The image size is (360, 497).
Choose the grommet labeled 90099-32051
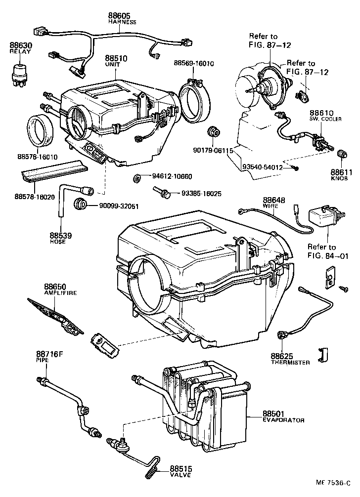click(x=80, y=204)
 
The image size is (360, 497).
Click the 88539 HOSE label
click(x=60, y=238)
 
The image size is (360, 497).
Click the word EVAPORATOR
click(x=283, y=420)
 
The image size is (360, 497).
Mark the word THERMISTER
click(x=290, y=362)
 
